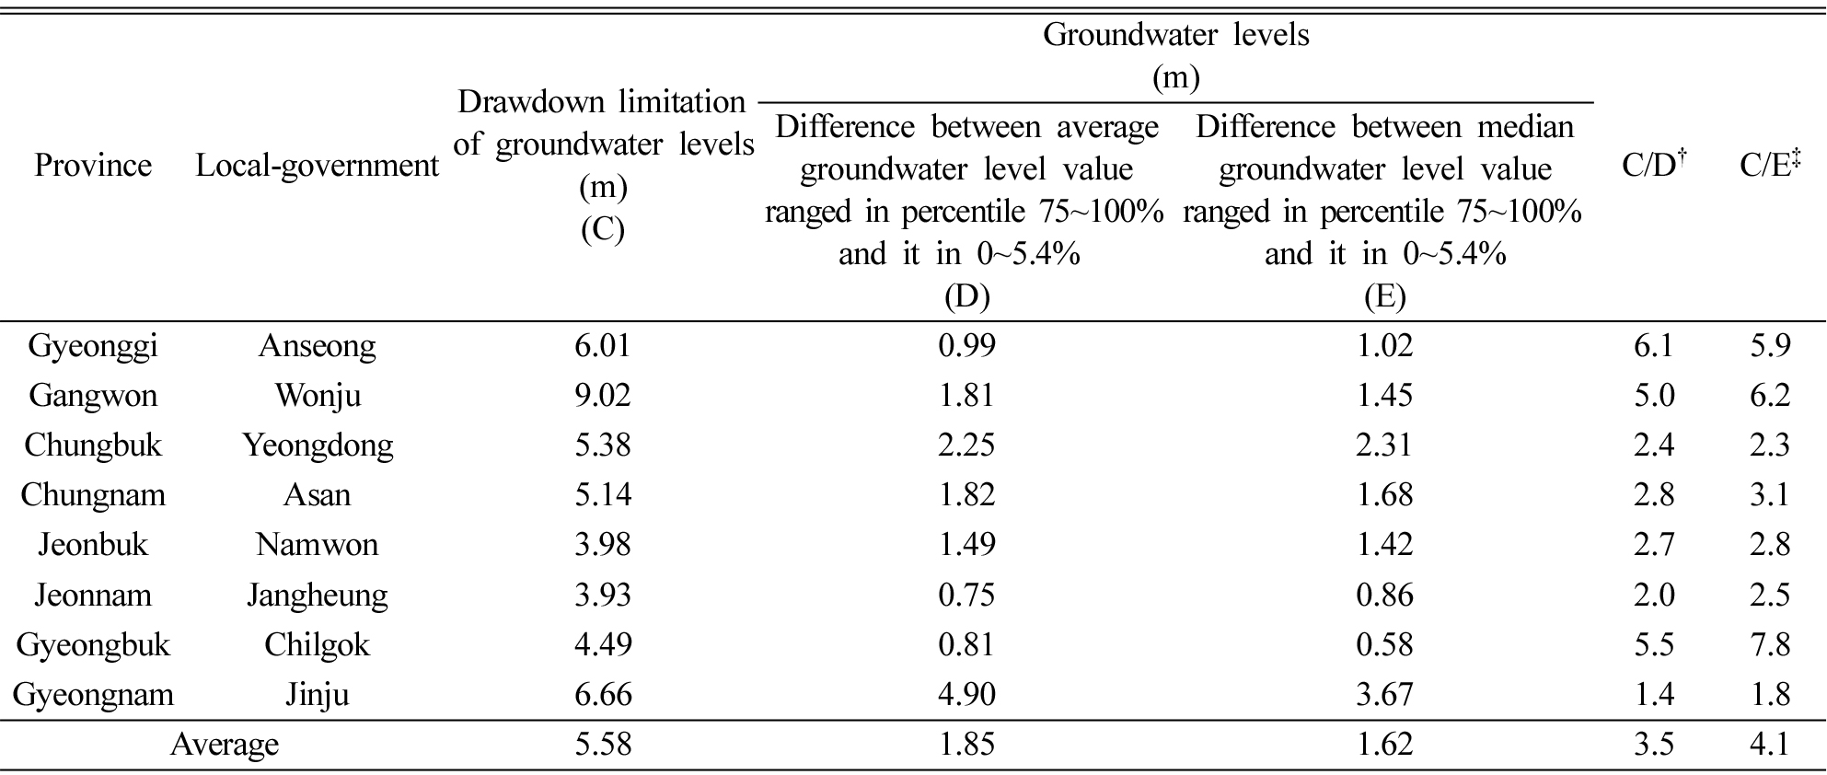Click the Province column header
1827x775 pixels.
point(93,166)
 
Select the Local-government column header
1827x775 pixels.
point(318,166)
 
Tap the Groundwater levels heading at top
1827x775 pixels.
point(1175,35)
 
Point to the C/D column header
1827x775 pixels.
point(1654,165)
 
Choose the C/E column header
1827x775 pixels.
point(1770,165)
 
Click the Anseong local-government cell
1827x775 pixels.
point(318,347)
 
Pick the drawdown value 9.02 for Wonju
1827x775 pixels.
point(603,396)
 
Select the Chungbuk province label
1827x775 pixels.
point(93,445)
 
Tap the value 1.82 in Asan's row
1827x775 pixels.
point(966,495)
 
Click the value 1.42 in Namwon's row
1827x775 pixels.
point(1384,545)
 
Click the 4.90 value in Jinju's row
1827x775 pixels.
point(966,694)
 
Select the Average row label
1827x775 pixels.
point(225,745)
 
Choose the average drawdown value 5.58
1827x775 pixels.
point(603,744)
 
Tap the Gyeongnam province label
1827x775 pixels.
point(93,695)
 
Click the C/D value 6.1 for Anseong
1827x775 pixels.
point(1653,346)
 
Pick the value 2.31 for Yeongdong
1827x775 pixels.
point(1384,445)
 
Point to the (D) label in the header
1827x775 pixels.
point(966,296)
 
